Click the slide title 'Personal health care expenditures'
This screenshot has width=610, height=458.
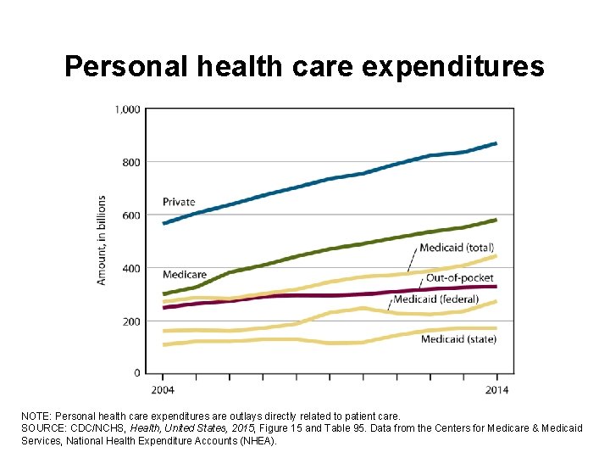click(304, 66)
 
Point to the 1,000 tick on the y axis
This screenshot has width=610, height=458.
click(128, 109)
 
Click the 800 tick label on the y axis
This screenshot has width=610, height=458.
click(130, 162)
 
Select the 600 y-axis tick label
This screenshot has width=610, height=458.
click(130, 215)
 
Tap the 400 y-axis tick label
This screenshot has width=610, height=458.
click(130, 268)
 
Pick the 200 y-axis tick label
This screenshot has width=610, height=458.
click(130, 321)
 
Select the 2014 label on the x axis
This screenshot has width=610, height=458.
click(497, 390)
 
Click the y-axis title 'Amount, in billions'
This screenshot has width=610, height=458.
click(102, 241)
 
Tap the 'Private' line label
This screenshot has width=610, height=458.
click(179, 202)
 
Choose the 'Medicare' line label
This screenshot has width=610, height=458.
click(184, 275)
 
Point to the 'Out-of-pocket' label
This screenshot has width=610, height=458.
click(459, 277)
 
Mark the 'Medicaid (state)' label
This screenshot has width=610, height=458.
click(458, 339)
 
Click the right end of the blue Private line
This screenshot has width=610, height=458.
click(496, 143)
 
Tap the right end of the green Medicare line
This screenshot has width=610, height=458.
click(496, 220)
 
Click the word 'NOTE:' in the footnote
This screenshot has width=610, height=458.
click(36, 417)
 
